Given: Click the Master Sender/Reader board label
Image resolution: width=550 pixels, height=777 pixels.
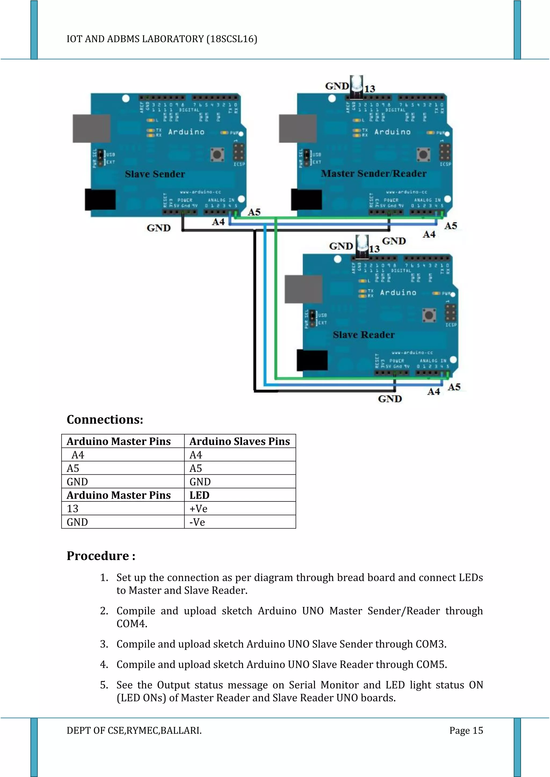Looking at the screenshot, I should tap(374, 173).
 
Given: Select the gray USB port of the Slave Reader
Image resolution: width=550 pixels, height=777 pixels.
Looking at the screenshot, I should tap(303, 289).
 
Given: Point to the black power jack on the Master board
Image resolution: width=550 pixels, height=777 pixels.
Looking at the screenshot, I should tap(306, 200).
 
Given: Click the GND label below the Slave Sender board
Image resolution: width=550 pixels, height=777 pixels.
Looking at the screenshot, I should tap(158, 228).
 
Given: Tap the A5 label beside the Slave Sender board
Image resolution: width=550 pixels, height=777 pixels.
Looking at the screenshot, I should tap(254, 212).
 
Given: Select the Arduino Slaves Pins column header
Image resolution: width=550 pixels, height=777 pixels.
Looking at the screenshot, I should tap(240, 441).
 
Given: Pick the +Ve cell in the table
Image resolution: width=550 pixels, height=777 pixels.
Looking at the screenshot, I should tap(198, 509).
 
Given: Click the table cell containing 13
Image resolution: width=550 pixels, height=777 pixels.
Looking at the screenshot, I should tap(73, 509).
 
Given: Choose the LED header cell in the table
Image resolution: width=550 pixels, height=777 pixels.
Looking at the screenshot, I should tap(200, 495).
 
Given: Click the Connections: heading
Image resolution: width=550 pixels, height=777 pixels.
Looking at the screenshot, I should tap(105, 420).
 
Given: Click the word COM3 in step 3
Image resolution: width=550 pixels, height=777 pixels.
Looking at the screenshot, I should tap(430, 644).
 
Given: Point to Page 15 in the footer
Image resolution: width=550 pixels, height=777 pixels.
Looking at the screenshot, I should tap(466, 730).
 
